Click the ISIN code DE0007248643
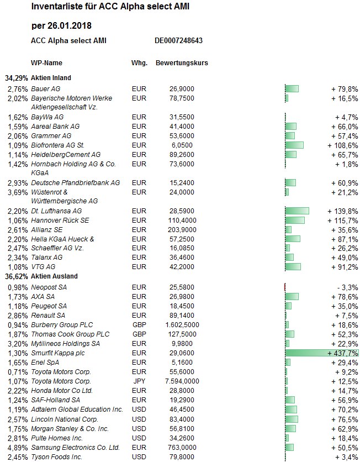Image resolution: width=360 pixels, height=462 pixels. (x=178, y=40)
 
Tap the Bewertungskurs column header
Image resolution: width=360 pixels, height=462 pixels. (x=182, y=63)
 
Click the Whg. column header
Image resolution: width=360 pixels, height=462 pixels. (x=139, y=63)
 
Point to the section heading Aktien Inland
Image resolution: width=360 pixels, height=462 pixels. (x=51, y=78)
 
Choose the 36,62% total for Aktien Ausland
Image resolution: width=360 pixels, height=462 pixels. (x=17, y=276)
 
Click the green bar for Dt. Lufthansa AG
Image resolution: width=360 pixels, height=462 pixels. (x=297, y=211)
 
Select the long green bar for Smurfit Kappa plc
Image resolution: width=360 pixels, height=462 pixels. (x=322, y=353)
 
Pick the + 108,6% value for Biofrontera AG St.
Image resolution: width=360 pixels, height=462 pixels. (x=343, y=145)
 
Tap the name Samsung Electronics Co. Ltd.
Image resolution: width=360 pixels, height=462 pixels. (x=75, y=447)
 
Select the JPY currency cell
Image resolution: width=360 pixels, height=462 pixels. (x=139, y=381)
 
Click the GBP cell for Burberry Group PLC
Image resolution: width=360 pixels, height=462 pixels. (x=139, y=325)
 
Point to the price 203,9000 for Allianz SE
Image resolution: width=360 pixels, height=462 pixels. (x=182, y=229)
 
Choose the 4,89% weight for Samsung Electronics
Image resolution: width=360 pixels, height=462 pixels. (x=18, y=447)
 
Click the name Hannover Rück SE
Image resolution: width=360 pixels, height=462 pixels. (x=60, y=220)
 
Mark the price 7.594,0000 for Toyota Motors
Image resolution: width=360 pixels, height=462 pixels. (x=182, y=381)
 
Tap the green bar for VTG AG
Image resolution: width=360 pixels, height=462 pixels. (x=293, y=267)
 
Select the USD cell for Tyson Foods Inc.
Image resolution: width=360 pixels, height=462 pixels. (x=139, y=456)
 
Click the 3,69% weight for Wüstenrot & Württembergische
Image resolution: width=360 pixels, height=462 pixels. (x=18, y=192)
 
